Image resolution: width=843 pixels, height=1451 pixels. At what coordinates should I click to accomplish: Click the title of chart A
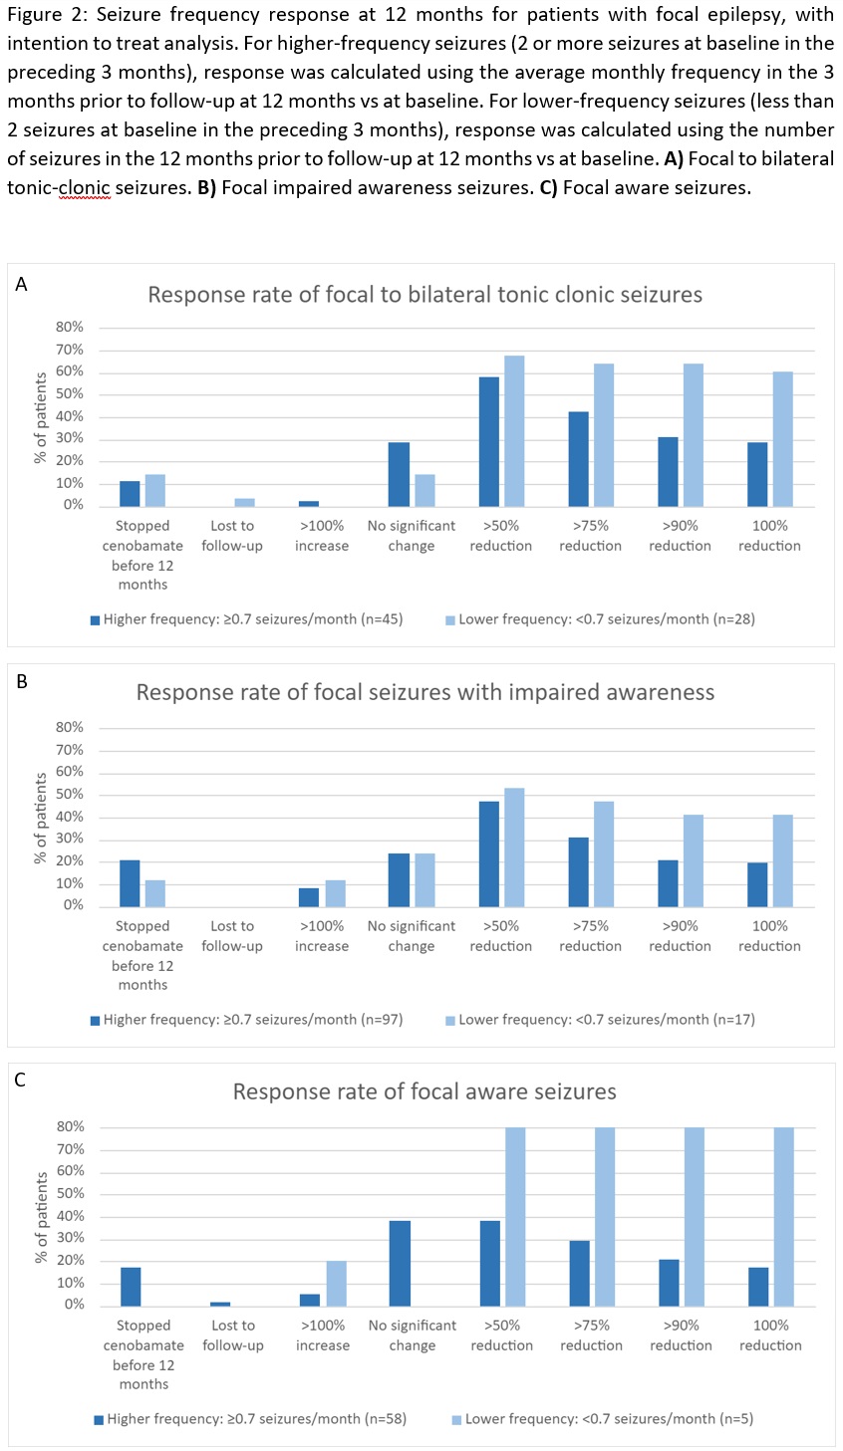coord(424,295)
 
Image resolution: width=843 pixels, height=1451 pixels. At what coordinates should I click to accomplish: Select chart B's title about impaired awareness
coord(424,692)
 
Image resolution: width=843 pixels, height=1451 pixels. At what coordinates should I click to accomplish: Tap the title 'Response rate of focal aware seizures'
coord(424,1091)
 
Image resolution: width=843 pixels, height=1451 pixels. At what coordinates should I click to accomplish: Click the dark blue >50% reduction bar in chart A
coord(489,442)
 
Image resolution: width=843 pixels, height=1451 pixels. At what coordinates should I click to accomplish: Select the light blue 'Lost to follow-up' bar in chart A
coord(245,502)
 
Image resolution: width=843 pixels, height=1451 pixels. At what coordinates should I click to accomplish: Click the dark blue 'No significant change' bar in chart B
coord(399,879)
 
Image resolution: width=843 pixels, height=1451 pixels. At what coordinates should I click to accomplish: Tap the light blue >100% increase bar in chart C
coord(336,1283)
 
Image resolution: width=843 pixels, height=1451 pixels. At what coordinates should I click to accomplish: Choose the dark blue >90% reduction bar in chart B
coord(668,883)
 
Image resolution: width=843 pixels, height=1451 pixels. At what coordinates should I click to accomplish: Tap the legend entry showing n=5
coord(602,1419)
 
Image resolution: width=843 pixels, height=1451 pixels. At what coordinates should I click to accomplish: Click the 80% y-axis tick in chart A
coord(69,328)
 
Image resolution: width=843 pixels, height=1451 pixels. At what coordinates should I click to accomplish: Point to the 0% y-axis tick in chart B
coord(73,905)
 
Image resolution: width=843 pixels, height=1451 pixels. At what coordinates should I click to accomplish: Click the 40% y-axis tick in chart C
coord(70,1216)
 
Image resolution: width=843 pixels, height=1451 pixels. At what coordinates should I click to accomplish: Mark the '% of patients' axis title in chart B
coord(41,818)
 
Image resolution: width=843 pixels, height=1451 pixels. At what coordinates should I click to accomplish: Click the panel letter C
coord(21,1081)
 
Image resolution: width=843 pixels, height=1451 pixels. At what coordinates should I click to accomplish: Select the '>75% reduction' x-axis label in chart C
coord(591,1335)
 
